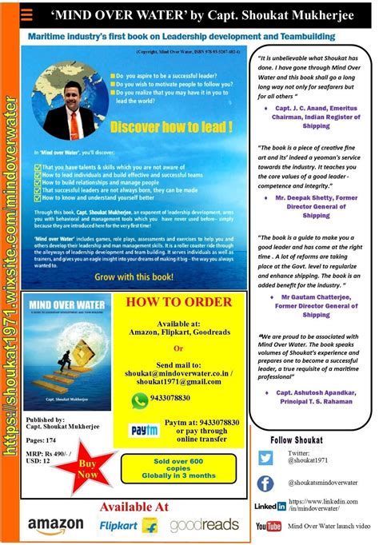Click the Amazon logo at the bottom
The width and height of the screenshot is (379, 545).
click(x=55, y=525)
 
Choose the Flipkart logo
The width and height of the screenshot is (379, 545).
click(x=128, y=525)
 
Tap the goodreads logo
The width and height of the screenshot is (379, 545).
click(x=203, y=525)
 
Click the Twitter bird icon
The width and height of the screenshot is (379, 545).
click(x=265, y=458)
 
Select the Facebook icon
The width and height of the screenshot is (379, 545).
click(x=265, y=483)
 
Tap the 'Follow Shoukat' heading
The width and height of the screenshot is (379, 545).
click(x=297, y=440)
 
